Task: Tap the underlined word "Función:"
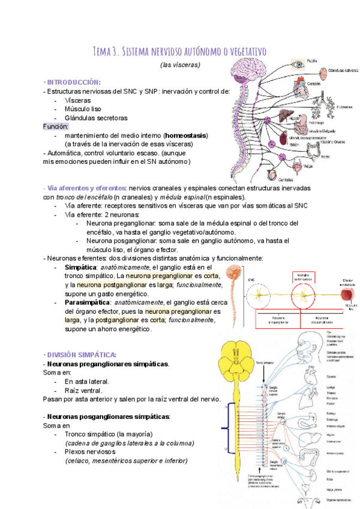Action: (x=56, y=127)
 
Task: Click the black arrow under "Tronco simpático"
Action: (x=263, y=374)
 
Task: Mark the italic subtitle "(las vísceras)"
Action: (x=180, y=64)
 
